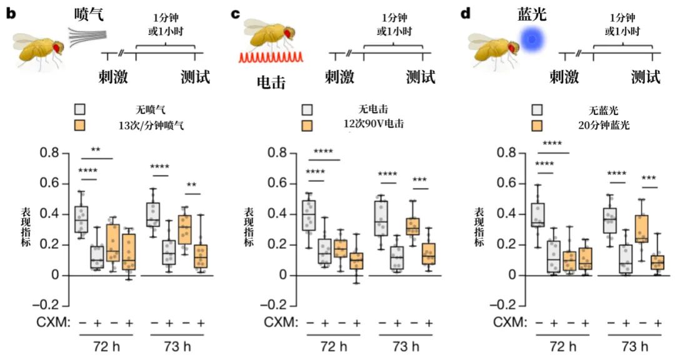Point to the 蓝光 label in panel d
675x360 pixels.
(532, 13)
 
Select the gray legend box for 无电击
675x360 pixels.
(306, 110)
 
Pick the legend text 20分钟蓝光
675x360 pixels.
(604, 125)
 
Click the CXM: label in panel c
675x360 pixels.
(277, 322)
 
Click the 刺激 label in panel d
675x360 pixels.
(564, 77)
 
